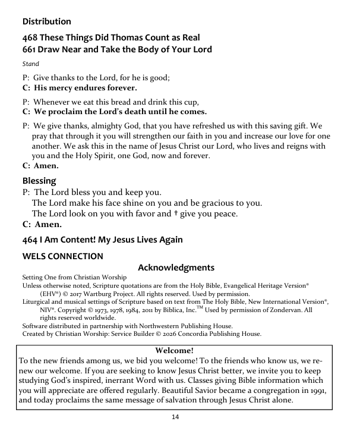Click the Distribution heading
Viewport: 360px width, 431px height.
pyautogui.click(x=46, y=22)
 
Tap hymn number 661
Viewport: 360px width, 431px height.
pyautogui.click(x=31, y=49)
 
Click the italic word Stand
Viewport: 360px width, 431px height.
pyautogui.click(x=31, y=64)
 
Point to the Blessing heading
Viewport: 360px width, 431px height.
pyautogui.click(x=39, y=181)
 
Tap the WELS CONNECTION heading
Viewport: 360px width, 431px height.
pyautogui.click(x=62, y=256)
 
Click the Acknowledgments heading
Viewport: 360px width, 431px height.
pyautogui.click(x=176, y=268)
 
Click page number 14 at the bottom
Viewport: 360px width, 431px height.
pyautogui.click(x=175, y=418)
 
